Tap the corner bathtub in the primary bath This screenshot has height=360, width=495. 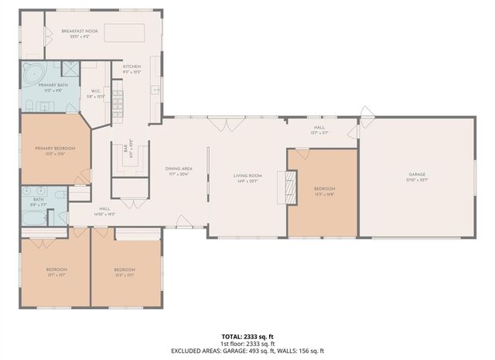click(35, 74)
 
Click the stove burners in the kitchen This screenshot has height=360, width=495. click(118, 101)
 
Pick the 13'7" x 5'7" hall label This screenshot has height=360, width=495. click(319, 129)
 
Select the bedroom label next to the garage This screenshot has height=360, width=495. click(324, 190)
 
